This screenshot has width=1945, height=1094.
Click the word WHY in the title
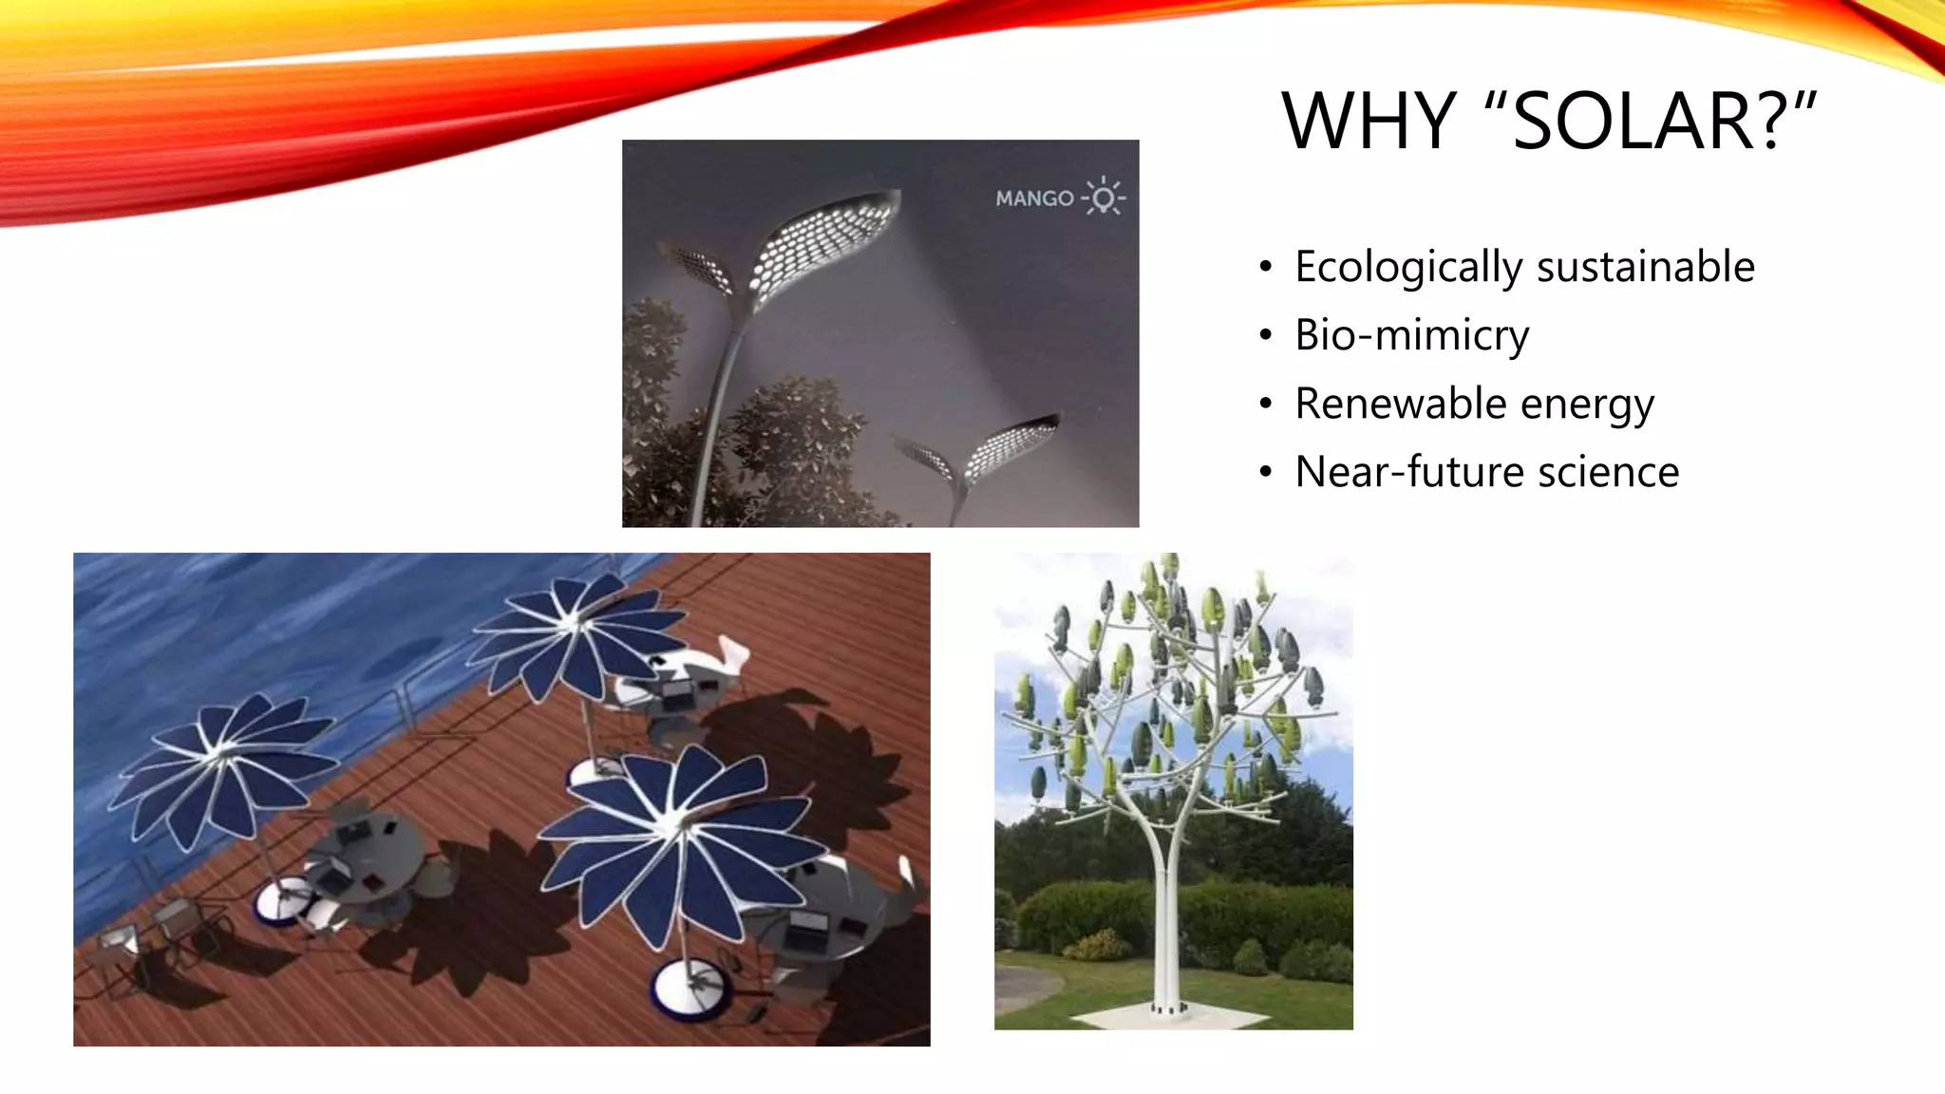tap(1368, 122)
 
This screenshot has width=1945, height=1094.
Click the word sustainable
tap(1646, 266)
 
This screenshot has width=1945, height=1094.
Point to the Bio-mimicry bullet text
tap(1411, 335)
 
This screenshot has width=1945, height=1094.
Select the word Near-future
tap(1408, 472)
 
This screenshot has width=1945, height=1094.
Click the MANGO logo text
tap(1034, 198)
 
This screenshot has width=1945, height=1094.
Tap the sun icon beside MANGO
tap(1104, 197)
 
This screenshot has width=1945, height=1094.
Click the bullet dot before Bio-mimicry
tap(1265, 336)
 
